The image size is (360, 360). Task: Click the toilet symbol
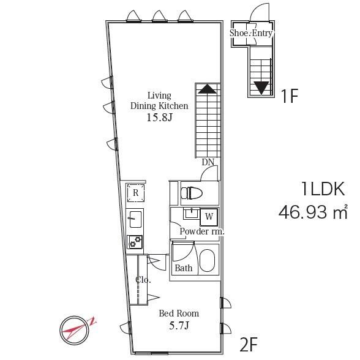point(192,193)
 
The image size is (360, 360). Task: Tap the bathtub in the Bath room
point(207,261)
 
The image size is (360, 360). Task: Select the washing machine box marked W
point(209,217)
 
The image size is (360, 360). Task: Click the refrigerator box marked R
point(136,193)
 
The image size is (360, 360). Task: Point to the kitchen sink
point(135,219)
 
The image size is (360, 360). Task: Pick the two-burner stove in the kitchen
point(135,242)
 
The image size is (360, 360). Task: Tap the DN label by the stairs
point(208,162)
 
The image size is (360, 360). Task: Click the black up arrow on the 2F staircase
point(207,89)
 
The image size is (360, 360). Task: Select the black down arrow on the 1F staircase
point(261,88)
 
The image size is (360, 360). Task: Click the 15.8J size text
point(159,118)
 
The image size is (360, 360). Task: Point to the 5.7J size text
point(179,326)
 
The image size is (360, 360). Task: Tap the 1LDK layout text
point(323,189)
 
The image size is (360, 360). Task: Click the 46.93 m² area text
point(313,212)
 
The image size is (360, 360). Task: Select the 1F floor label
point(289,97)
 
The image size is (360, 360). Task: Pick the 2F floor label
point(249,344)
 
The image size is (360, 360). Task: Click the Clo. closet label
point(143,280)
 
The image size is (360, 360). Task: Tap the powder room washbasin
point(192,214)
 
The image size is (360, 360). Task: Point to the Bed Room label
point(179,313)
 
